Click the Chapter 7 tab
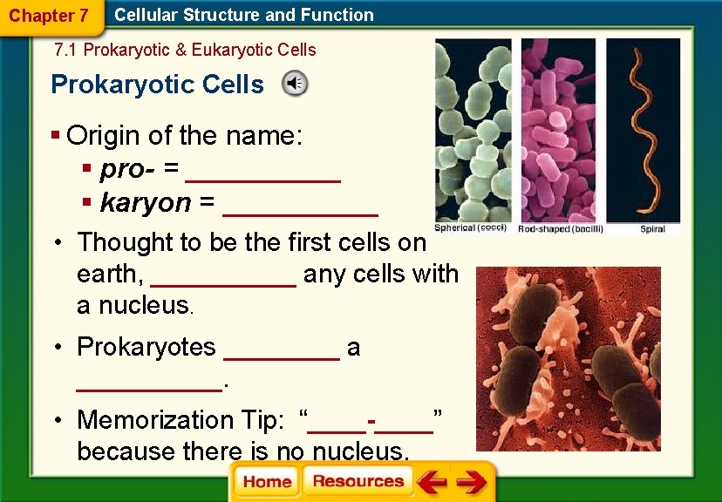(48, 16)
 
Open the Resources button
(358, 482)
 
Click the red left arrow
(432, 482)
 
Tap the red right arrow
(472, 482)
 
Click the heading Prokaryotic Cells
(157, 85)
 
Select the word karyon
(146, 203)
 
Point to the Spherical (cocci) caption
(470, 227)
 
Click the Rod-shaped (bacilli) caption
(560, 228)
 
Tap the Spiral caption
(652, 228)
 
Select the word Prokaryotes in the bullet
(146, 347)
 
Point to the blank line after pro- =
(263, 170)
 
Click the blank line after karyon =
(300, 204)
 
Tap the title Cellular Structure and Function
(244, 15)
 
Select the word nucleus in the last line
(357, 451)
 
